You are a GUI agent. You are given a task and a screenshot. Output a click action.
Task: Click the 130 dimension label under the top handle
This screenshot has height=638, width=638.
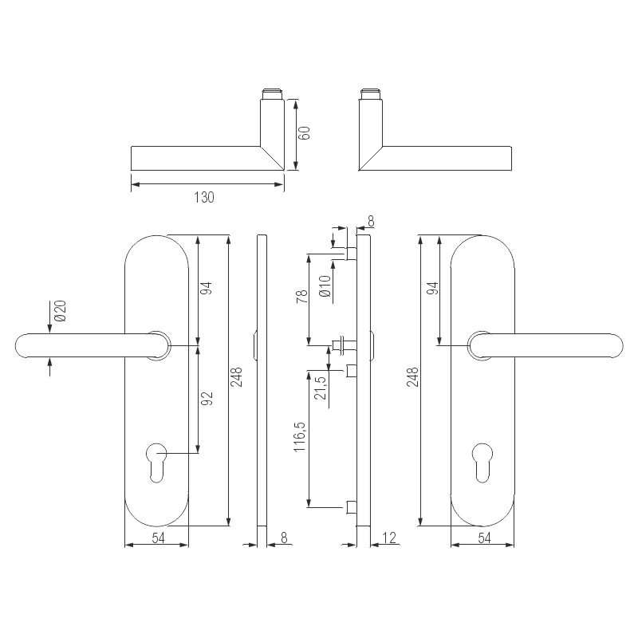pyautogui.click(x=204, y=197)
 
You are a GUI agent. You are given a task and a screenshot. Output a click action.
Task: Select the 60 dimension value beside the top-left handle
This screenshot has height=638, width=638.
pyautogui.click(x=304, y=132)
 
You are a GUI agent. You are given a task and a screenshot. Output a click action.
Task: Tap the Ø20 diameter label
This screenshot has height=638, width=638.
pyautogui.click(x=60, y=312)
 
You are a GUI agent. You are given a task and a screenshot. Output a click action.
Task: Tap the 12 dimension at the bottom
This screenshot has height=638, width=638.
pyautogui.click(x=389, y=538)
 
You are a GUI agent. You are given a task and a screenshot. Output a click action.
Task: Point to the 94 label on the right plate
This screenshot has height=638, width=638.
pyautogui.click(x=432, y=289)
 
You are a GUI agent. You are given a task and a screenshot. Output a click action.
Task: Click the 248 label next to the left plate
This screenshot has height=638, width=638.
pyautogui.click(x=237, y=377)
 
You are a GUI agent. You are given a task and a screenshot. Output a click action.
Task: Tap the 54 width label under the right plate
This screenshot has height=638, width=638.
pyautogui.click(x=484, y=538)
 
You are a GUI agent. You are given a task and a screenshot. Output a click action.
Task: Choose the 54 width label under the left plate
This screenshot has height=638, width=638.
pyautogui.click(x=157, y=538)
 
